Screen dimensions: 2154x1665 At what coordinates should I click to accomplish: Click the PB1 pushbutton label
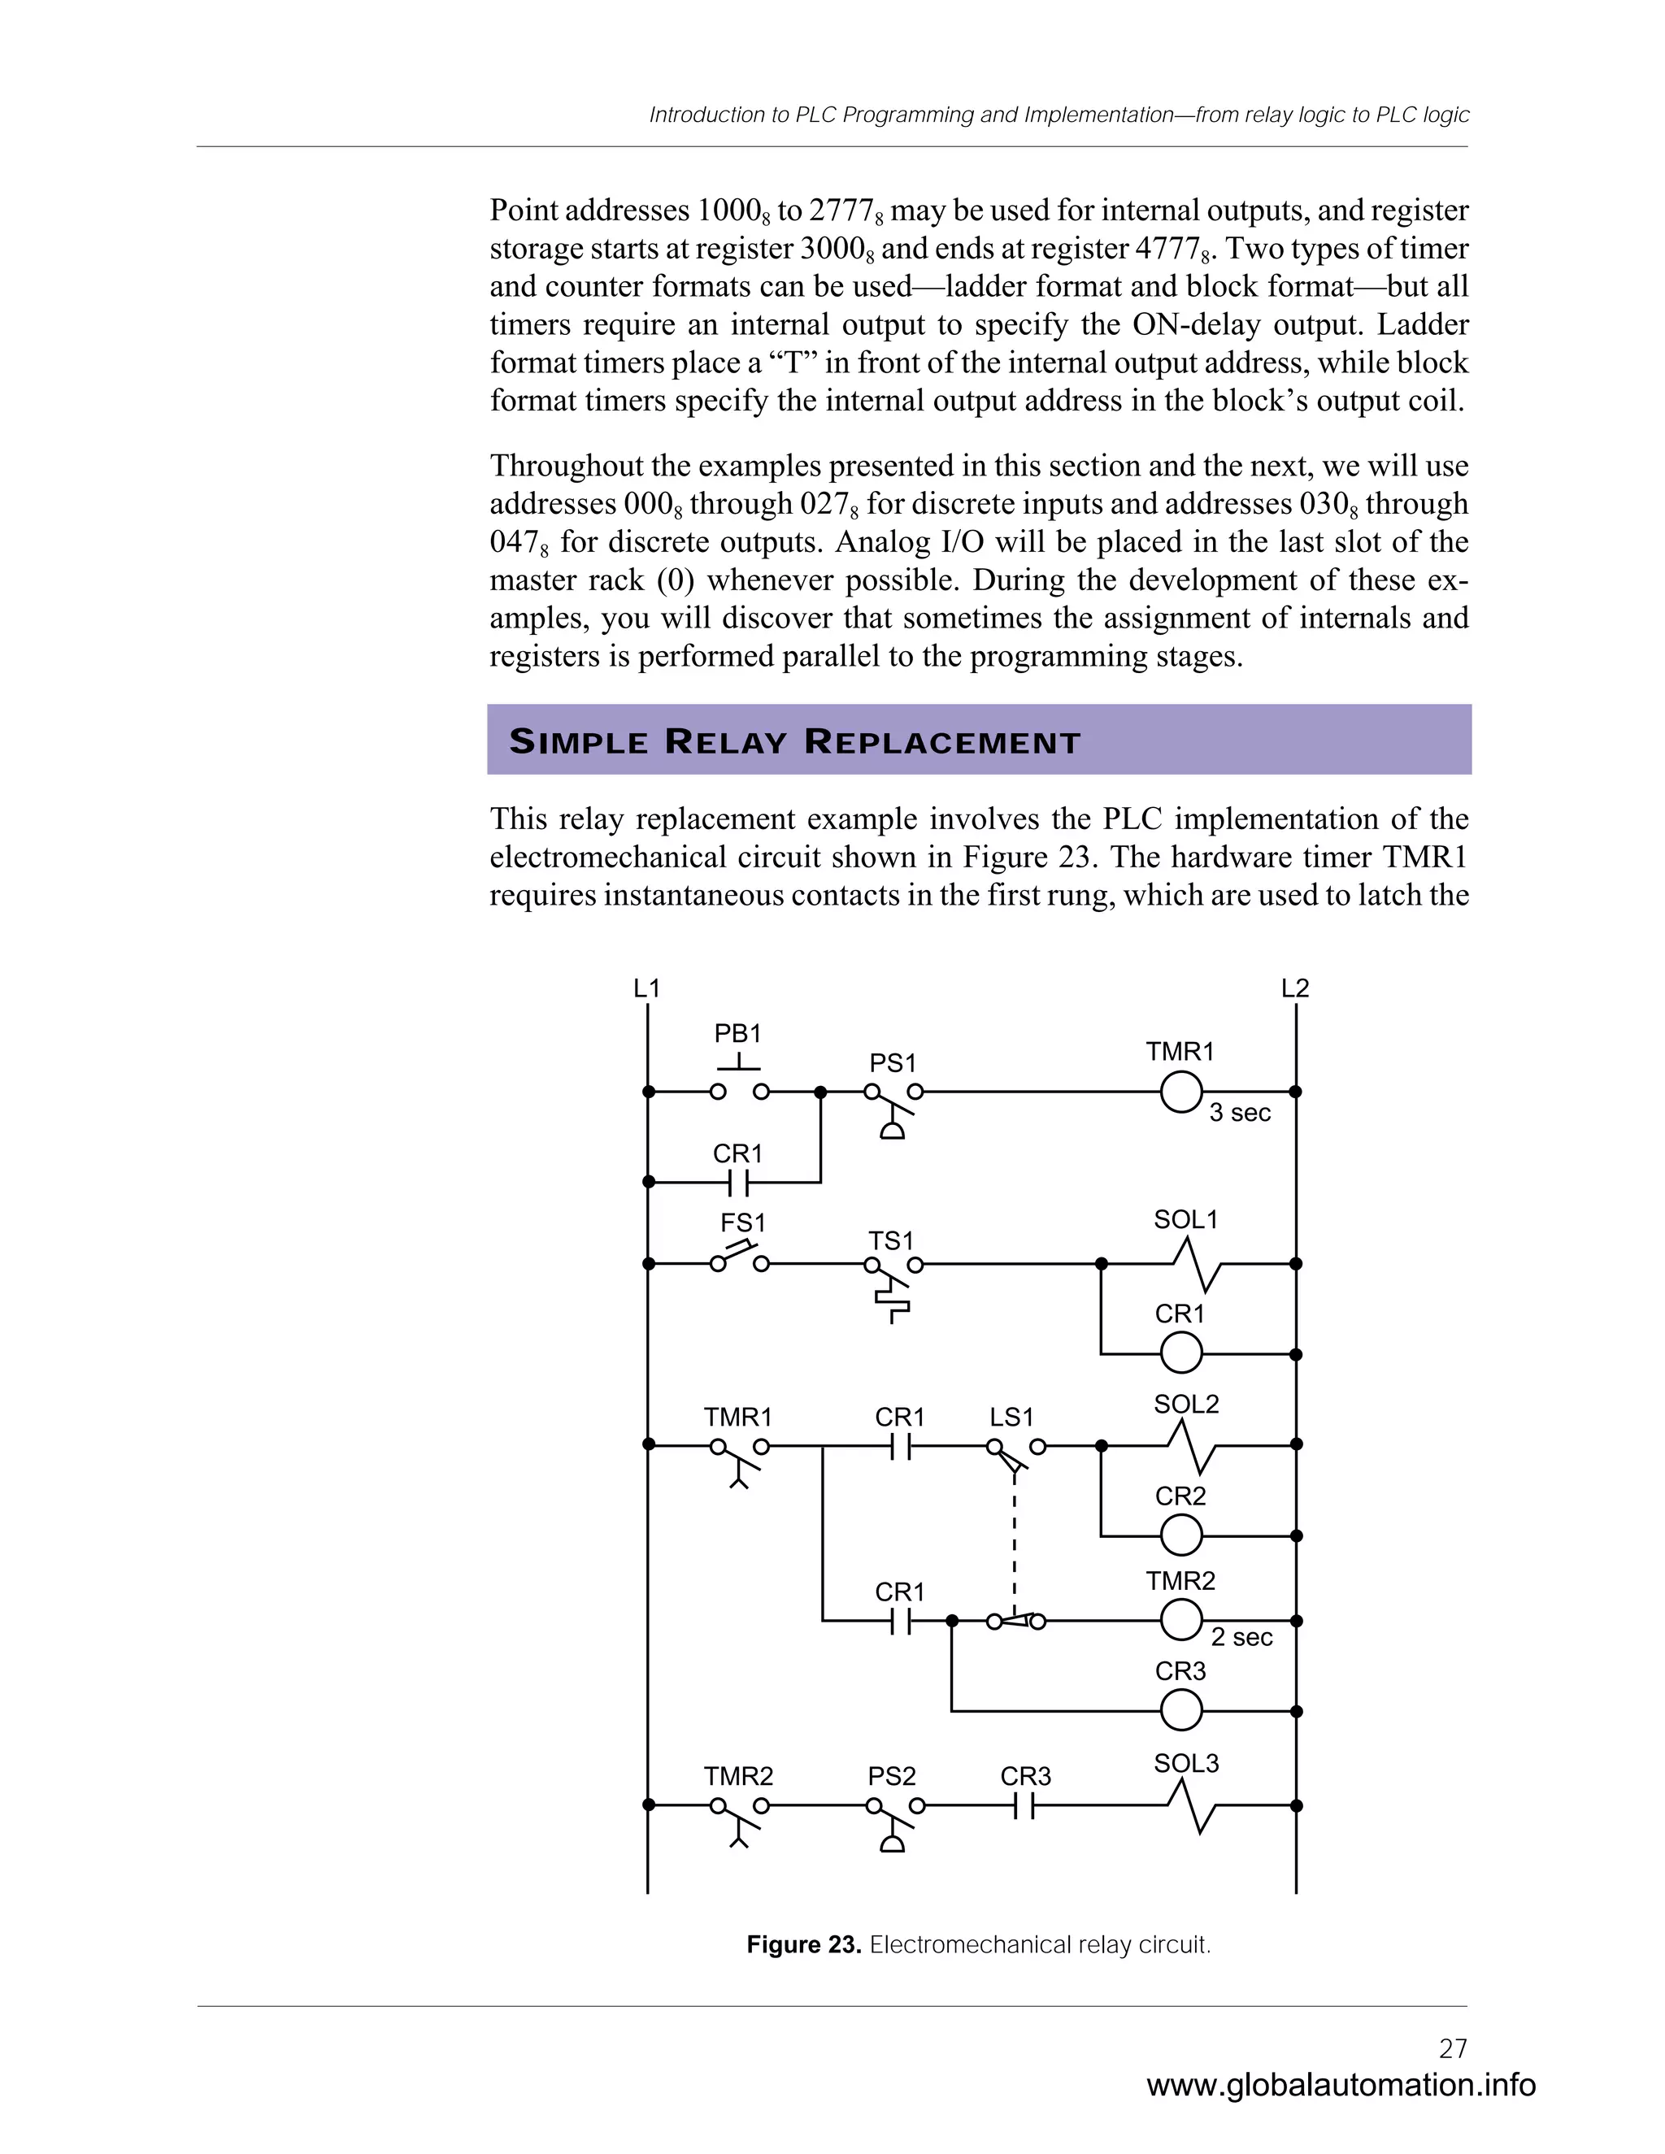(738, 1034)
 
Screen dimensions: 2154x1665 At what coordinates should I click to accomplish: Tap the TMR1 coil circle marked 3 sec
(1180, 1092)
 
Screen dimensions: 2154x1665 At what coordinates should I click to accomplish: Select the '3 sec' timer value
(1240, 1113)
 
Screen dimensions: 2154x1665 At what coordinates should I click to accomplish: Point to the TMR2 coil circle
(1180, 1619)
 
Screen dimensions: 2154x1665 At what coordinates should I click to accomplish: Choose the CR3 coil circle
(1180, 1711)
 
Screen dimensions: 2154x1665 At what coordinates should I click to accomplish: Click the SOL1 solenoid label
(1185, 1220)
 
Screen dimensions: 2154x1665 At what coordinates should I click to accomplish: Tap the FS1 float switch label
(743, 1223)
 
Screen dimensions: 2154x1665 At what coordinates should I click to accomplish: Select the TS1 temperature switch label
(891, 1240)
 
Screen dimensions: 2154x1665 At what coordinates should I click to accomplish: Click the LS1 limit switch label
(1012, 1418)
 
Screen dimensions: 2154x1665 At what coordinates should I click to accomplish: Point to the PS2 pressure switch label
(892, 1776)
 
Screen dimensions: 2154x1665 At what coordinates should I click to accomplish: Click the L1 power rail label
(647, 988)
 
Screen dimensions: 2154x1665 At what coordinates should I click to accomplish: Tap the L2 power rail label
(1295, 988)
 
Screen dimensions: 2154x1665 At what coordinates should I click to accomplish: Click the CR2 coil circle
(1180, 1535)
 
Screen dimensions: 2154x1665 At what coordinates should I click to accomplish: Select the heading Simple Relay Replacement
(795, 741)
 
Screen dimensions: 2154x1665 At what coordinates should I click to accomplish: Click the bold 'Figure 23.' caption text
(804, 1945)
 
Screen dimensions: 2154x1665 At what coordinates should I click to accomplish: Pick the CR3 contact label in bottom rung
(1026, 1776)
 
